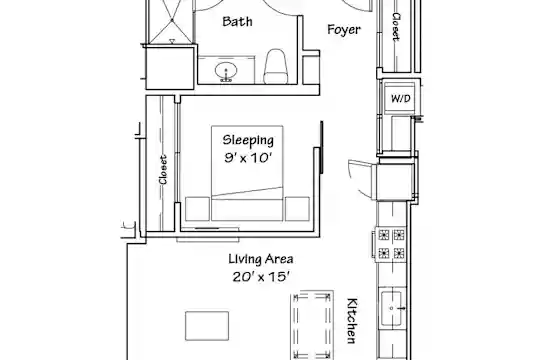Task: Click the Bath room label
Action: (237, 21)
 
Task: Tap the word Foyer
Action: (344, 30)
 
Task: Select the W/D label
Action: (401, 99)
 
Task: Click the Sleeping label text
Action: (248, 140)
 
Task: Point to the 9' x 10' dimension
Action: (248, 158)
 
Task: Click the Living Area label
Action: (261, 259)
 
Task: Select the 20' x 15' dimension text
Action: (260, 277)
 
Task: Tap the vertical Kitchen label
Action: (352, 321)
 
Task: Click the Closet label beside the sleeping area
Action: (163, 169)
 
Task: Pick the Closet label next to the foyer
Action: (396, 27)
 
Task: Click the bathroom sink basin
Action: (226, 71)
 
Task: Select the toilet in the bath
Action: (276, 66)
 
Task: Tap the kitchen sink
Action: (391, 309)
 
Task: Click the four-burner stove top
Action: (391, 244)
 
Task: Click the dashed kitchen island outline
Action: (313, 326)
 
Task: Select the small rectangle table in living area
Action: (207, 326)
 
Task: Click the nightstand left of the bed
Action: (197, 209)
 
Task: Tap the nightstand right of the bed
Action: (297, 209)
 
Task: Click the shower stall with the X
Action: (172, 21)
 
